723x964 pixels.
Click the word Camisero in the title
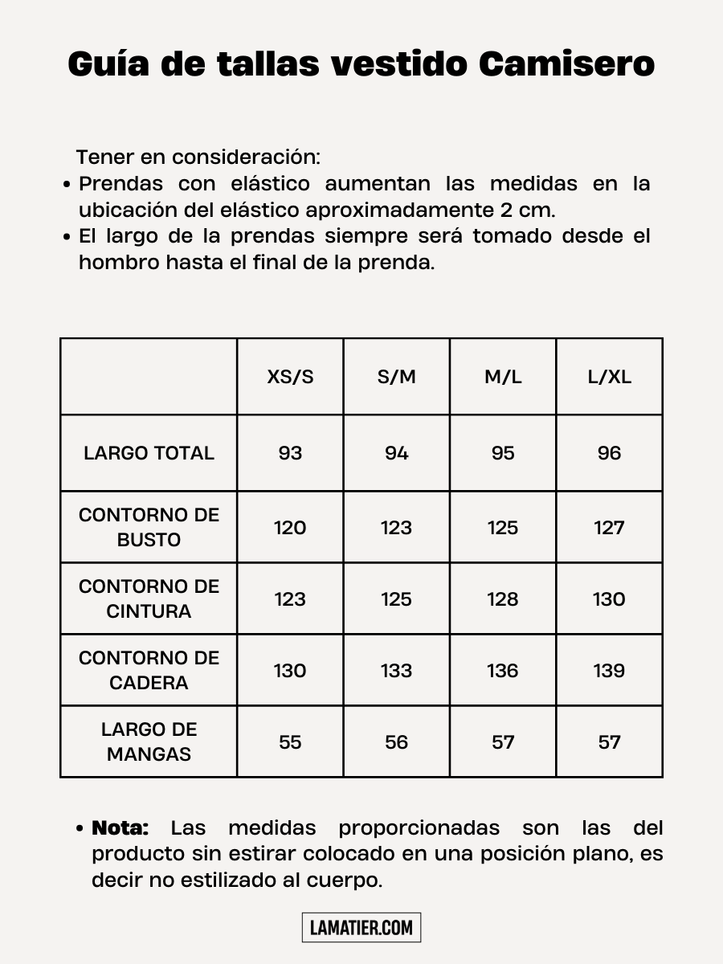(x=567, y=64)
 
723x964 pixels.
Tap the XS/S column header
(x=290, y=377)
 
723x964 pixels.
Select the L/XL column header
(x=610, y=377)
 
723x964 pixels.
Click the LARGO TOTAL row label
(x=149, y=453)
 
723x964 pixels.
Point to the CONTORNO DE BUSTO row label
(x=149, y=527)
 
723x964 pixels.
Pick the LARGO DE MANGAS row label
(x=149, y=741)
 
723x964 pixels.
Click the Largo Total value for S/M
(x=396, y=453)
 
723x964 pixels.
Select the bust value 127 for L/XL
(x=610, y=528)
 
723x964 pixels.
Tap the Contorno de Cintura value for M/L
(x=503, y=599)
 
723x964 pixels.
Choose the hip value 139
(x=610, y=671)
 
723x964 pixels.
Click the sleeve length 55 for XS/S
(x=290, y=742)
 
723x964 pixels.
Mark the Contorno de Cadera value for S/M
(x=396, y=671)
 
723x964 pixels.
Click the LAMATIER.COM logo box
(x=361, y=928)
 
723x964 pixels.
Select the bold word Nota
(x=120, y=828)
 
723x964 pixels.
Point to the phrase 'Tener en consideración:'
(x=198, y=157)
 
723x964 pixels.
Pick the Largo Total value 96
(x=610, y=453)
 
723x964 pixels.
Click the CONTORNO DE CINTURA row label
(x=149, y=598)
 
